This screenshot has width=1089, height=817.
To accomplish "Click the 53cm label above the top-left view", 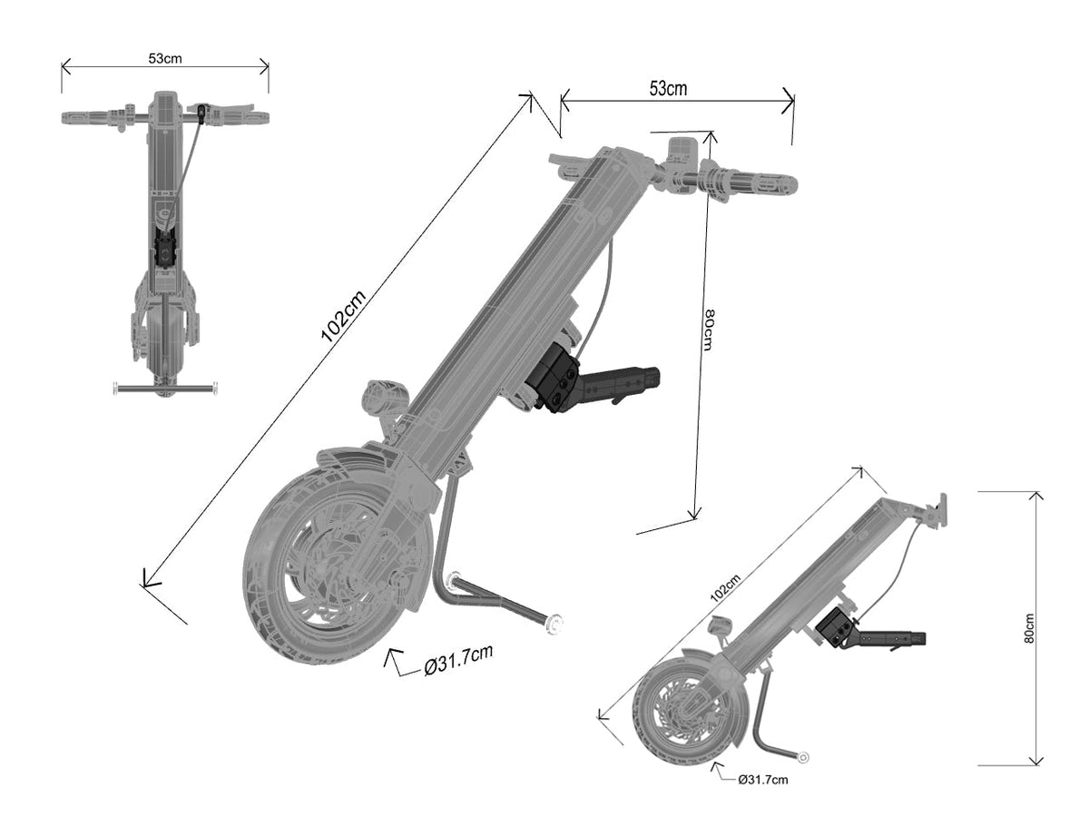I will (165, 57).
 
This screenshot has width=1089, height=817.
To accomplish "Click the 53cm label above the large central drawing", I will (668, 88).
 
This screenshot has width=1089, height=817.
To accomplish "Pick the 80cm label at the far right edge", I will (1029, 626).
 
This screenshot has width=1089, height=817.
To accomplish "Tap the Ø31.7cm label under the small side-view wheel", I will (763, 778).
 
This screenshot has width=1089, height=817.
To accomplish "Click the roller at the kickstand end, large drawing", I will (554, 624).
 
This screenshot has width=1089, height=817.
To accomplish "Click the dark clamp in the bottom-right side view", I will (836, 627).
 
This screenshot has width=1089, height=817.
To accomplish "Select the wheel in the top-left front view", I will (164, 345).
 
